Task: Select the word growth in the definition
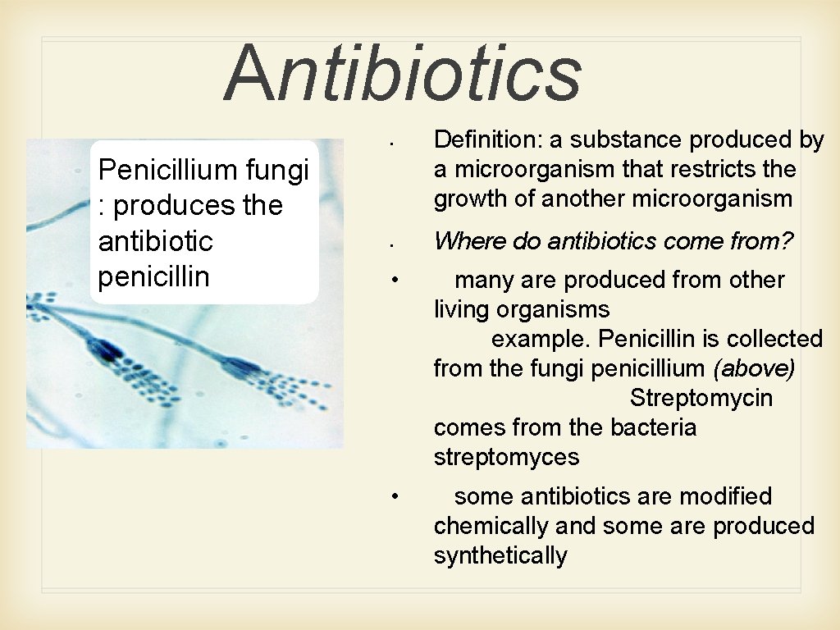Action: click(x=470, y=199)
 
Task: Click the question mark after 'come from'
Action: click(x=787, y=241)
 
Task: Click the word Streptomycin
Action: click(x=701, y=399)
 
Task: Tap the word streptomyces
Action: click(x=506, y=458)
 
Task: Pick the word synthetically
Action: click(x=500, y=556)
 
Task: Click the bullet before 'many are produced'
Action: click(x=395, y=280)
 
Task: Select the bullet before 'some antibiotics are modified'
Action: click(x=395, y=496)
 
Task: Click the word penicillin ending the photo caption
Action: click(x=153, y=276)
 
